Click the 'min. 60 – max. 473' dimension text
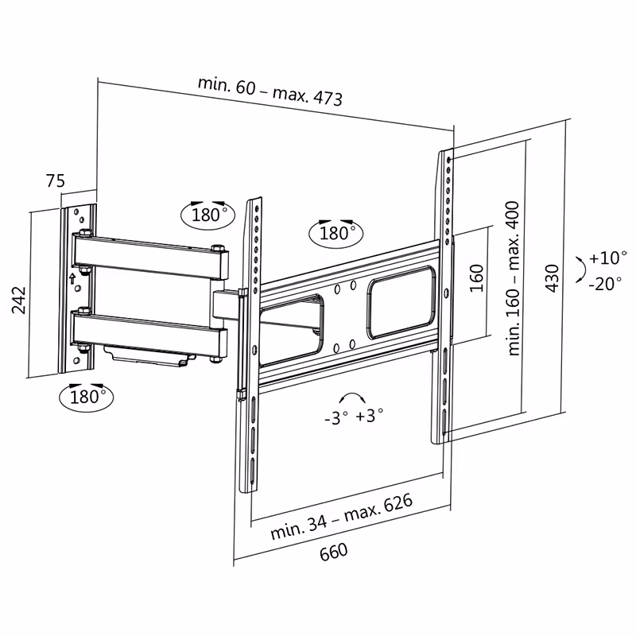pos(270,93)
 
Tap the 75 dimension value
pos(54,181)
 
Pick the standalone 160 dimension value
pos(475,279)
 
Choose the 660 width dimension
pos(334,552)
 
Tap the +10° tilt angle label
pos(608,258)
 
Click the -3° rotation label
pos(335,417)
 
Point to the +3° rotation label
pos(370,415)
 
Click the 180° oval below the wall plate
pos(86,396)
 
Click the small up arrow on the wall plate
pos(72,278)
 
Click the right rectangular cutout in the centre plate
pos(401,302)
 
